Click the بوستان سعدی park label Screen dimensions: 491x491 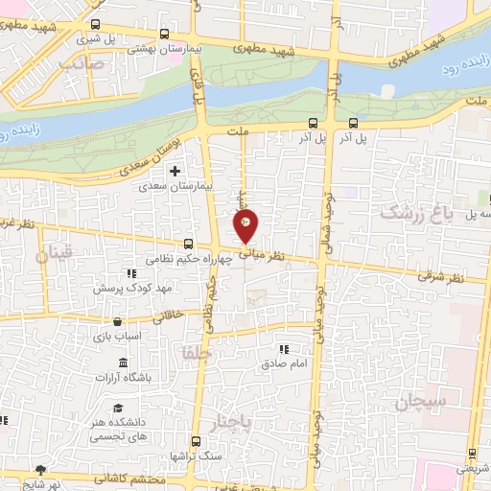tap(153, 154)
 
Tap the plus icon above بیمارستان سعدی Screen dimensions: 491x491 tap(175, 171)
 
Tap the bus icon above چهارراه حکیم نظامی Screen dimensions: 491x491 tap(188, 245)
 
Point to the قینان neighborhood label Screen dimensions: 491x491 tap(53, 256)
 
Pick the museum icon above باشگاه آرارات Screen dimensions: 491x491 tap(124, 362)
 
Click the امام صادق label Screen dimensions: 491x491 tap(283, 364)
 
